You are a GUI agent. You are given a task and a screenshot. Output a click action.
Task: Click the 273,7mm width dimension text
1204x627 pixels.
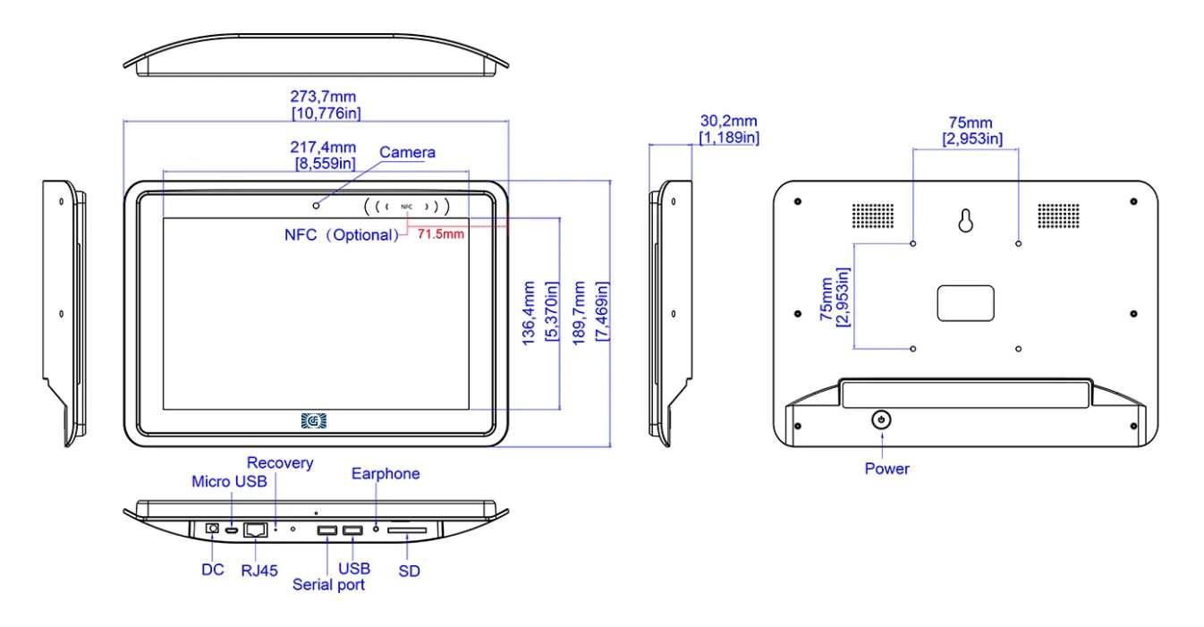(x=326, y=96)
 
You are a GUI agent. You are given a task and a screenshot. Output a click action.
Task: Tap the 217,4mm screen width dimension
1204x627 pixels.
(x=326, y=148)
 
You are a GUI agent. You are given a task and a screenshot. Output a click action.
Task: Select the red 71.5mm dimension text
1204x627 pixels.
(x=441, y=234)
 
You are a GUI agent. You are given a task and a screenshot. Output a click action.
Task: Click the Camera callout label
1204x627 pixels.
(x=407, y=152)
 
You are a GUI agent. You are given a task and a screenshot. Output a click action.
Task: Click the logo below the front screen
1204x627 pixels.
(x=315, y=420)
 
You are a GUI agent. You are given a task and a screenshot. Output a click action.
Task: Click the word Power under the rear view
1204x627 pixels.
(x=886, y=469)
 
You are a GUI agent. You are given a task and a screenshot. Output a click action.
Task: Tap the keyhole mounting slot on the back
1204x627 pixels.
(x=965, y=221)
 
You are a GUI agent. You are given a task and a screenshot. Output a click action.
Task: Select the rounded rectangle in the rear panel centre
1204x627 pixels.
(x=965, y=303)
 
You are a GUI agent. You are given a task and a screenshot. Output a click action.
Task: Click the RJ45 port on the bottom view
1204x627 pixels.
(x=256, y=530)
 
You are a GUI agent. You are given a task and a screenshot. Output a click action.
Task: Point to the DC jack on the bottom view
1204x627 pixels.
(x=213, y=529)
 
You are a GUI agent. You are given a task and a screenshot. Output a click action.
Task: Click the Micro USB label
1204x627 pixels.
(x=228, y=482)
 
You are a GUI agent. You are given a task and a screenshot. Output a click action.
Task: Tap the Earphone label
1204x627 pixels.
(x=386, y=473)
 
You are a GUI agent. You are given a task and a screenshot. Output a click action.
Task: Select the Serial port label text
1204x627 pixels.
(x=329, y=585)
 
